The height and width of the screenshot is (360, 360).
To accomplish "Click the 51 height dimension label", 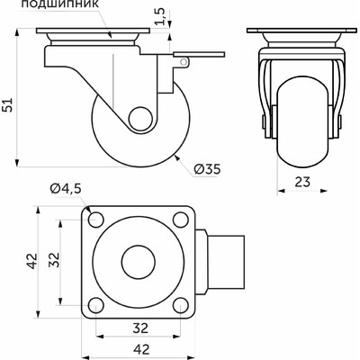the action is click(9, 104).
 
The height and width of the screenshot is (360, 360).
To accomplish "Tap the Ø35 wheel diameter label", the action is click(207, 169).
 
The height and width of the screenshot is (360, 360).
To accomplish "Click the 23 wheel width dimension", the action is click(302, 182).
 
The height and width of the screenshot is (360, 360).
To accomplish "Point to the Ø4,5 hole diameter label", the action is click(66, 189).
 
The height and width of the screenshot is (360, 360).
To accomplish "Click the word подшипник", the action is click(60, 4).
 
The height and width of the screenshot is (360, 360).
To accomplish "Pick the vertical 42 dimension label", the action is click(32, 261).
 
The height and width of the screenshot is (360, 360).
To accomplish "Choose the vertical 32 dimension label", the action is click(55, 260).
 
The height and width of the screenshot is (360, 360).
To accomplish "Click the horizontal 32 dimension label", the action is click(140, 328).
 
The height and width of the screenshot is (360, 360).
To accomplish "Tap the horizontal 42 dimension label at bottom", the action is click(140, 349).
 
